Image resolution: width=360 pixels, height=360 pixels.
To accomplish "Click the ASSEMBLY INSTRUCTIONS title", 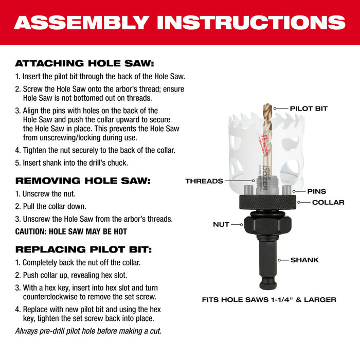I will click(x=179, y=22).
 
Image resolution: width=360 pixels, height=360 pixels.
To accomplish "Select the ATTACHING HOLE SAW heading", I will click(x=84, y=64).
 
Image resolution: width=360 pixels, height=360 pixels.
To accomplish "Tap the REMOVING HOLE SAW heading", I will click(x=82, y=181).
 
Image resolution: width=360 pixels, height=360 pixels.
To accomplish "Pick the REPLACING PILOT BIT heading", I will click(x=83, y=249).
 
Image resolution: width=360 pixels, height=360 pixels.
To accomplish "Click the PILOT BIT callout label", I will click(x=309, y=109).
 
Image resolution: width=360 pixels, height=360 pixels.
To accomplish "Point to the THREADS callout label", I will click(x=204, y=181).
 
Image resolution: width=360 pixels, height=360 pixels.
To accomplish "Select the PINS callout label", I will click(x=316, y=191).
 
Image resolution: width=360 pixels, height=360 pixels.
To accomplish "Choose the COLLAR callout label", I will click(x=328, y=202).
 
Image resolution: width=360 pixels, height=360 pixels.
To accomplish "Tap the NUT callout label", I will click(x=221, y=224).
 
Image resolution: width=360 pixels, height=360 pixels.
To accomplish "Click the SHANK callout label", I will click(x=304, y=260).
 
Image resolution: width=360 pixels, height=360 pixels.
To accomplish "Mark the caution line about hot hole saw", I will click(x=71, y=231).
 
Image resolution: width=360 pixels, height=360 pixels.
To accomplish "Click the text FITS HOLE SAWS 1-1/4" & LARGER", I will click(x=269, y=299).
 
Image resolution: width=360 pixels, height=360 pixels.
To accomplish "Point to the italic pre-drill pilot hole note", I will click(x=88, y=331).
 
